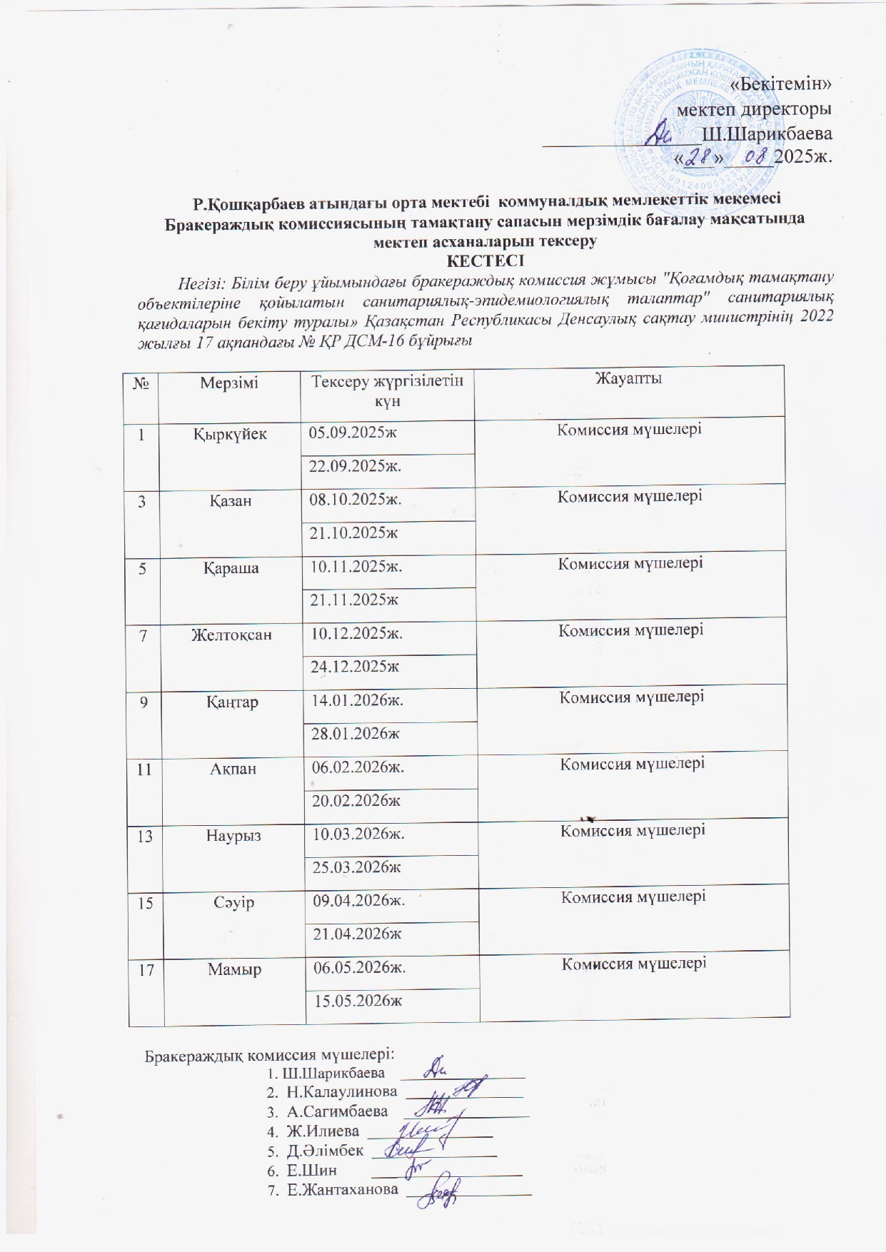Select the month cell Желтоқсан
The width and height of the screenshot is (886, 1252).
pyautogui.click(x=231, y=634)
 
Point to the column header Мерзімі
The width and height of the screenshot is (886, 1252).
pyautogui.click(x=229, y=383)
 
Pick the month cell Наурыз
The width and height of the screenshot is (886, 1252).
pyautogui.click(x=234, y=835)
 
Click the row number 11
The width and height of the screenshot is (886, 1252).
pyautogui.click(x=145, y=769)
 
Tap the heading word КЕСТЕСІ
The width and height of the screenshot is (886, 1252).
pyautogui.click(x=485, y=261)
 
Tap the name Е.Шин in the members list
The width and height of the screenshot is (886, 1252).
pyautogui.click(x=312, y=1170)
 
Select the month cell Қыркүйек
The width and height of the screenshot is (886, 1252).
pyautogui.click(x=230, y=434)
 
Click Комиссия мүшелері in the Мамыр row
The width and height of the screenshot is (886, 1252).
pyautogui.click(x=634, y=964)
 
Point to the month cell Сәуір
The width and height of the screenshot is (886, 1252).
pyautogui.click(x=234, y=902)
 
